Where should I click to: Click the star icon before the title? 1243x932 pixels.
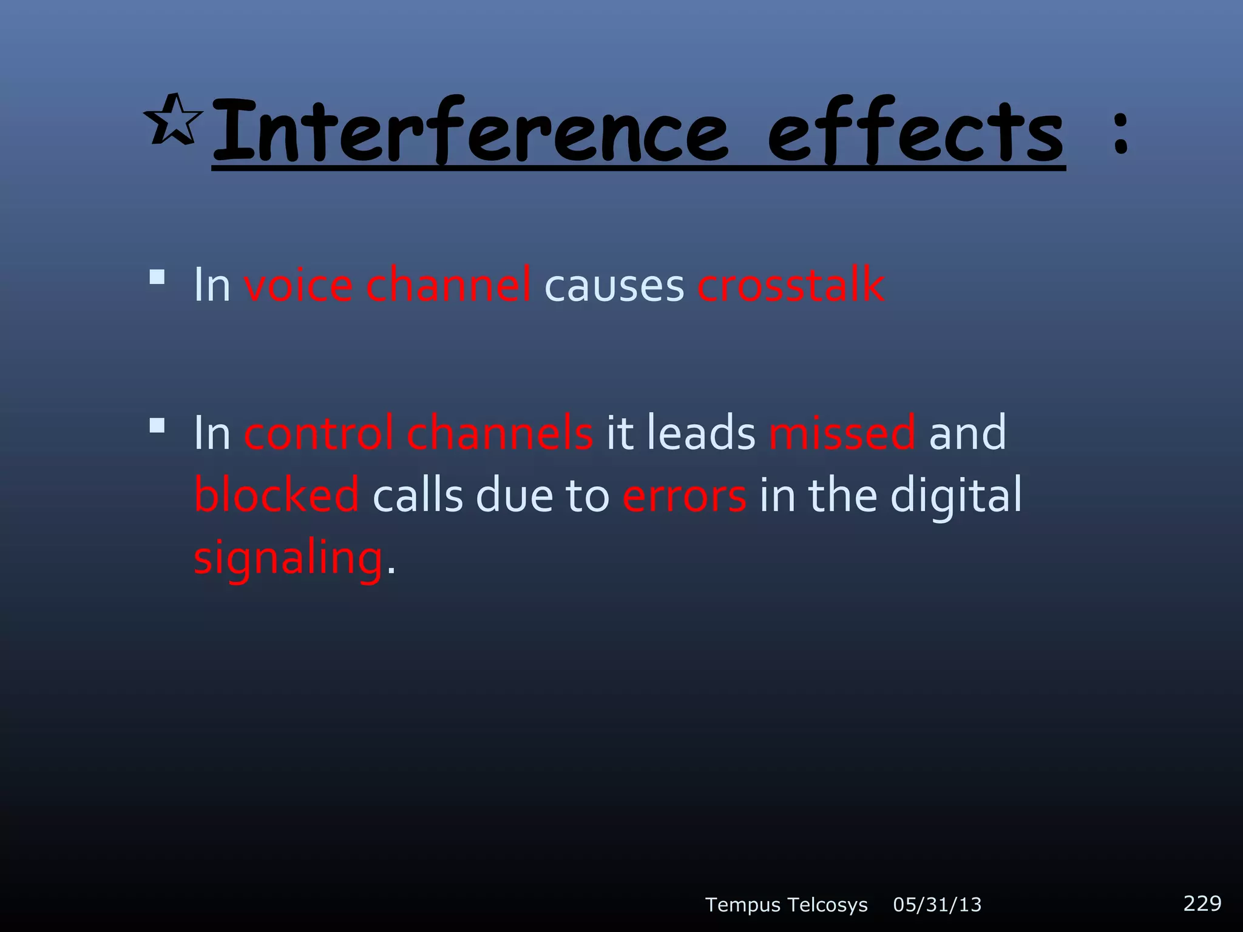click(x=174, y=120)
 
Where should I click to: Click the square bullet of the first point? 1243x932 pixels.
click(x=157, y=277)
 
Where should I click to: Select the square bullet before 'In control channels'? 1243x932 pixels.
click(x=157, y=425)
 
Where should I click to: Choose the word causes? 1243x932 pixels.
click(x=614, y=285)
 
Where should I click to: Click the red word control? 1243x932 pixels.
click(x=319, y=433)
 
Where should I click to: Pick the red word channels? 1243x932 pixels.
click(x=500, y=433)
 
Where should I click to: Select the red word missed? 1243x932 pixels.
click(x=842, y=433)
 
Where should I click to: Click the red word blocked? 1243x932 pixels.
click(x=277, y=495)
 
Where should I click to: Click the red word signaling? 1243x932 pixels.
click(x=288, y=558)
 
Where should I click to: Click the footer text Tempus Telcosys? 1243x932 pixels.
click(x=786, y=905)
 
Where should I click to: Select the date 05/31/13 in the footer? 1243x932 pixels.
click(x=937, y=905)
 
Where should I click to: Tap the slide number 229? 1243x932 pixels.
click(x=1202, y=903)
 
